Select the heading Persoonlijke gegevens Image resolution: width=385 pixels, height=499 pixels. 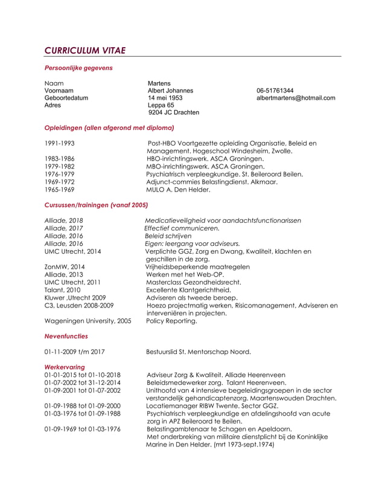point(78,68)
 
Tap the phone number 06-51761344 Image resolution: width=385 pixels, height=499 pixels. point(275,91)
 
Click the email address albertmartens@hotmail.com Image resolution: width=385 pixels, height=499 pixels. point(295,98)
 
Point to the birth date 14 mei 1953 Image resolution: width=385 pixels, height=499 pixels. point(165,98)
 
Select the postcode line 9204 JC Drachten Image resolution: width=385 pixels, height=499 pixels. point(174,112)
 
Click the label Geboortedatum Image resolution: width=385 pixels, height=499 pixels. point(66,98)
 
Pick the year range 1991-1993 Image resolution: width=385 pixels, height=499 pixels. point(60,143)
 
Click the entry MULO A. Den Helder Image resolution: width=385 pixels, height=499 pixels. point(179,190)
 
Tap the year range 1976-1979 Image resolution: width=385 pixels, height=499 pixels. point(60,174)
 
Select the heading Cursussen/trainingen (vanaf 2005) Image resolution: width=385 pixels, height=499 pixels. point(96,205)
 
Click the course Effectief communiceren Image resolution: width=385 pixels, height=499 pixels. point(182,228)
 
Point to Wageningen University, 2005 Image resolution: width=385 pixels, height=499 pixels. point(88,321)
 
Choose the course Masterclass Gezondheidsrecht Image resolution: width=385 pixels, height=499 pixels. point(194,282)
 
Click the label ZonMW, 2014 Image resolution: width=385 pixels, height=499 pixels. point(65,266)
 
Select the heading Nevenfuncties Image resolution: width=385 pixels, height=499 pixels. point(66,336)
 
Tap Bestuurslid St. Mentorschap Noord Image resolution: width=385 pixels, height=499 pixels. point(199,352)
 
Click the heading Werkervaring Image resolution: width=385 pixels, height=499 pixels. point(65,367)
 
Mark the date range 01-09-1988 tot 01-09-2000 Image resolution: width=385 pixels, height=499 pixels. point(82,406)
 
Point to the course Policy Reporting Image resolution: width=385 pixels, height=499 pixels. point(171,321)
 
